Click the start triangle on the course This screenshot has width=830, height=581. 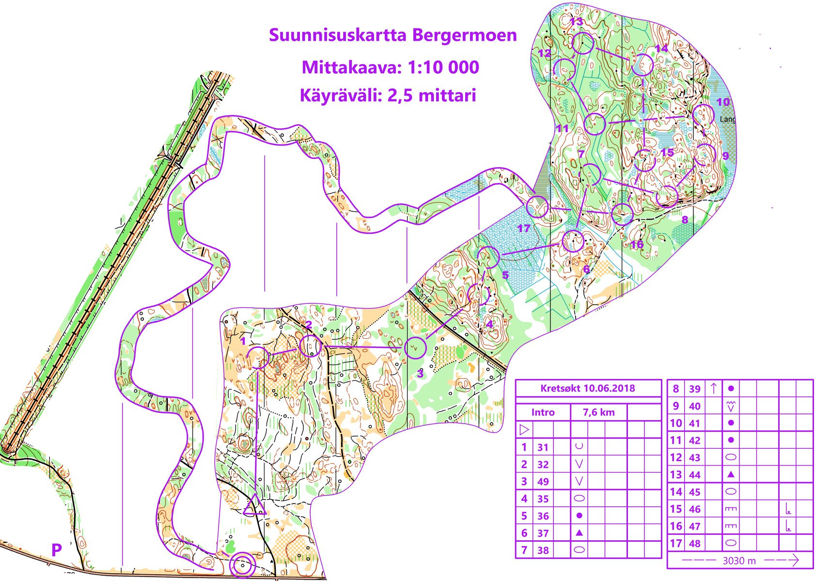[254, 506]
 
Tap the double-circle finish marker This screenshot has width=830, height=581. [242, 565]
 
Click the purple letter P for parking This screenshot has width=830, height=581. [57, 550]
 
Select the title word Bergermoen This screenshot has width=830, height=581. [464, 35]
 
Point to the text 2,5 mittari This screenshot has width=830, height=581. [431, 95]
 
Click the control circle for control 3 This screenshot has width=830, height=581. [415, 348]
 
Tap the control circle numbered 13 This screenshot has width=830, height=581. [582, 43]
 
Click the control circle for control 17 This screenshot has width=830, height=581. [537, 207]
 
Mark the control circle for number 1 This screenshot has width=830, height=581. [258, 358]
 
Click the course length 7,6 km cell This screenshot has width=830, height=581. [598, 412]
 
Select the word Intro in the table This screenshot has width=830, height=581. [543, 412]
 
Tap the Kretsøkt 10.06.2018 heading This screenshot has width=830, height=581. [587, 388]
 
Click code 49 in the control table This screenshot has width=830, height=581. [543, 482]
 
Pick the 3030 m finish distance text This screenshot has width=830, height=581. [739, 561]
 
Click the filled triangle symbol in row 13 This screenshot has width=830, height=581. [731, 475]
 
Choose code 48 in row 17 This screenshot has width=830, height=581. [694, 544]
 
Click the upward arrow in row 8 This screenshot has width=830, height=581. [713, 388]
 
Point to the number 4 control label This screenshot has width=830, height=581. [489, 324]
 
